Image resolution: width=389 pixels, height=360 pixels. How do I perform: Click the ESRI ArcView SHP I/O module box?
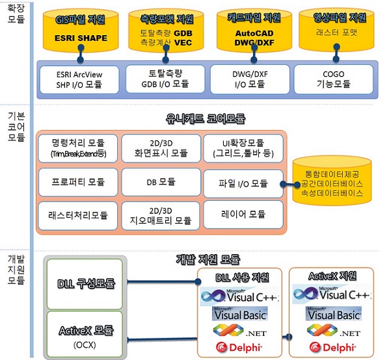79,79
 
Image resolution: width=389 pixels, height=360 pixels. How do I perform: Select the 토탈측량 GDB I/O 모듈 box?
165,79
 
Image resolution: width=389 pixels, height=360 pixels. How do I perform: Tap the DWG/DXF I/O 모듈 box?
250,79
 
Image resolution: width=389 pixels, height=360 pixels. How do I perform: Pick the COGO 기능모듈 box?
334,79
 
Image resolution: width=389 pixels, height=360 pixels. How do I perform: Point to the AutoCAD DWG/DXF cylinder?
254,29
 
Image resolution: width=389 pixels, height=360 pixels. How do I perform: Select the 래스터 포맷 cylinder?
336,29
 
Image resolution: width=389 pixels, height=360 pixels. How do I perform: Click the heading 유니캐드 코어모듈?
206,119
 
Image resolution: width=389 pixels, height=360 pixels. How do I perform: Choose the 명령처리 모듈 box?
78,148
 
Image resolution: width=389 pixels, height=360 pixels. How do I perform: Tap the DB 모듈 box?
161,182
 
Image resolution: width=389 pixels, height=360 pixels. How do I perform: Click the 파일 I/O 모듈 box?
243,184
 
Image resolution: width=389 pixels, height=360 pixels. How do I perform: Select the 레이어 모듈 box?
243,214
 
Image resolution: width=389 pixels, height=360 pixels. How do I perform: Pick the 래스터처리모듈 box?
78,216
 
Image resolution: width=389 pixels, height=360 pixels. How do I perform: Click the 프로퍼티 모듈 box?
78,182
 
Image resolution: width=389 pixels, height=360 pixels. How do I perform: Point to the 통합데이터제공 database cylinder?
332,181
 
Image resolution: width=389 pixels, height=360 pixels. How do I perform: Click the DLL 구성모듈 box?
85,284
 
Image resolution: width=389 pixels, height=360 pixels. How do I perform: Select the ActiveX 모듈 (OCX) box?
85,334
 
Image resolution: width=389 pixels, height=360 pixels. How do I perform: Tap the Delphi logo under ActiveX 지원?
332,348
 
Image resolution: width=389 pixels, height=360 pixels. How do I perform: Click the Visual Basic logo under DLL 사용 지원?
239,314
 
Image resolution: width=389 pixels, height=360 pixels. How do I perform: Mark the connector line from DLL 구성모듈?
163,282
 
